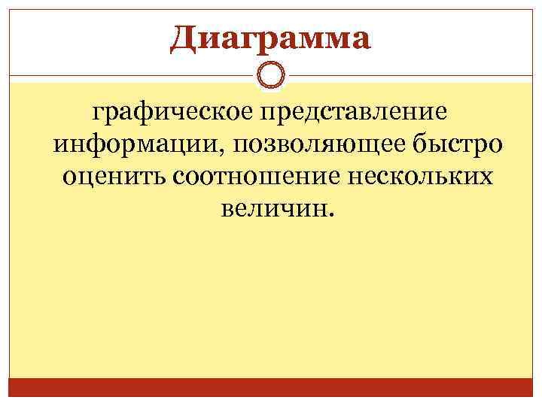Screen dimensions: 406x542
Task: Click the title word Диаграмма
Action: tap(270, 38)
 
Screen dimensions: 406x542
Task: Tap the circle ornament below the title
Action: tap(270, 76)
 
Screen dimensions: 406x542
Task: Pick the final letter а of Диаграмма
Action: tap(361, 40)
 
